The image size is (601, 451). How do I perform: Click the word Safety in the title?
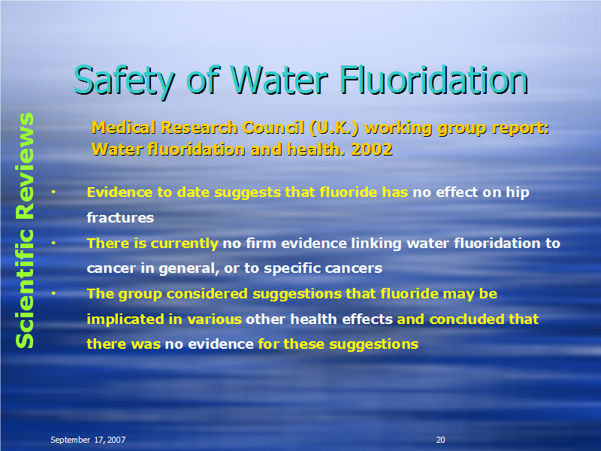click(124, 81)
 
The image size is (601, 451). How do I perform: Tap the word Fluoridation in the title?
click(434, 80)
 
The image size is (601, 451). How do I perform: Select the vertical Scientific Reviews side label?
click(25, 230)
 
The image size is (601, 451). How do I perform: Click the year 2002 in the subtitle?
click(372, 149)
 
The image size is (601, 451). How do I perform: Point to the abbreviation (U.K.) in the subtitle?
click(334, 128)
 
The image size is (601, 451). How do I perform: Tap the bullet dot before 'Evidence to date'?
click(53, 192)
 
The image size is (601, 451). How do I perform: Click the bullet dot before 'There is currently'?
click(53, 243)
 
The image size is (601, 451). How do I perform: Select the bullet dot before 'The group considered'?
click(53, 294)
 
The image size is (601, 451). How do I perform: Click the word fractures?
click(120, 217)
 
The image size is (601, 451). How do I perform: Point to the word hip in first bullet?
click(518, 192)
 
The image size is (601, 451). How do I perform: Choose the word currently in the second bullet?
click(184, 244)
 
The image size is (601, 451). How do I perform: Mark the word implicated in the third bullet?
click(125, 319)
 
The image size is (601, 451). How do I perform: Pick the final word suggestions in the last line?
click(373, 344)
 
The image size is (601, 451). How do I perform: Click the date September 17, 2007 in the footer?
click(88, 440)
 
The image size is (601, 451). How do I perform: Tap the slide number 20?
click(441, 440)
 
